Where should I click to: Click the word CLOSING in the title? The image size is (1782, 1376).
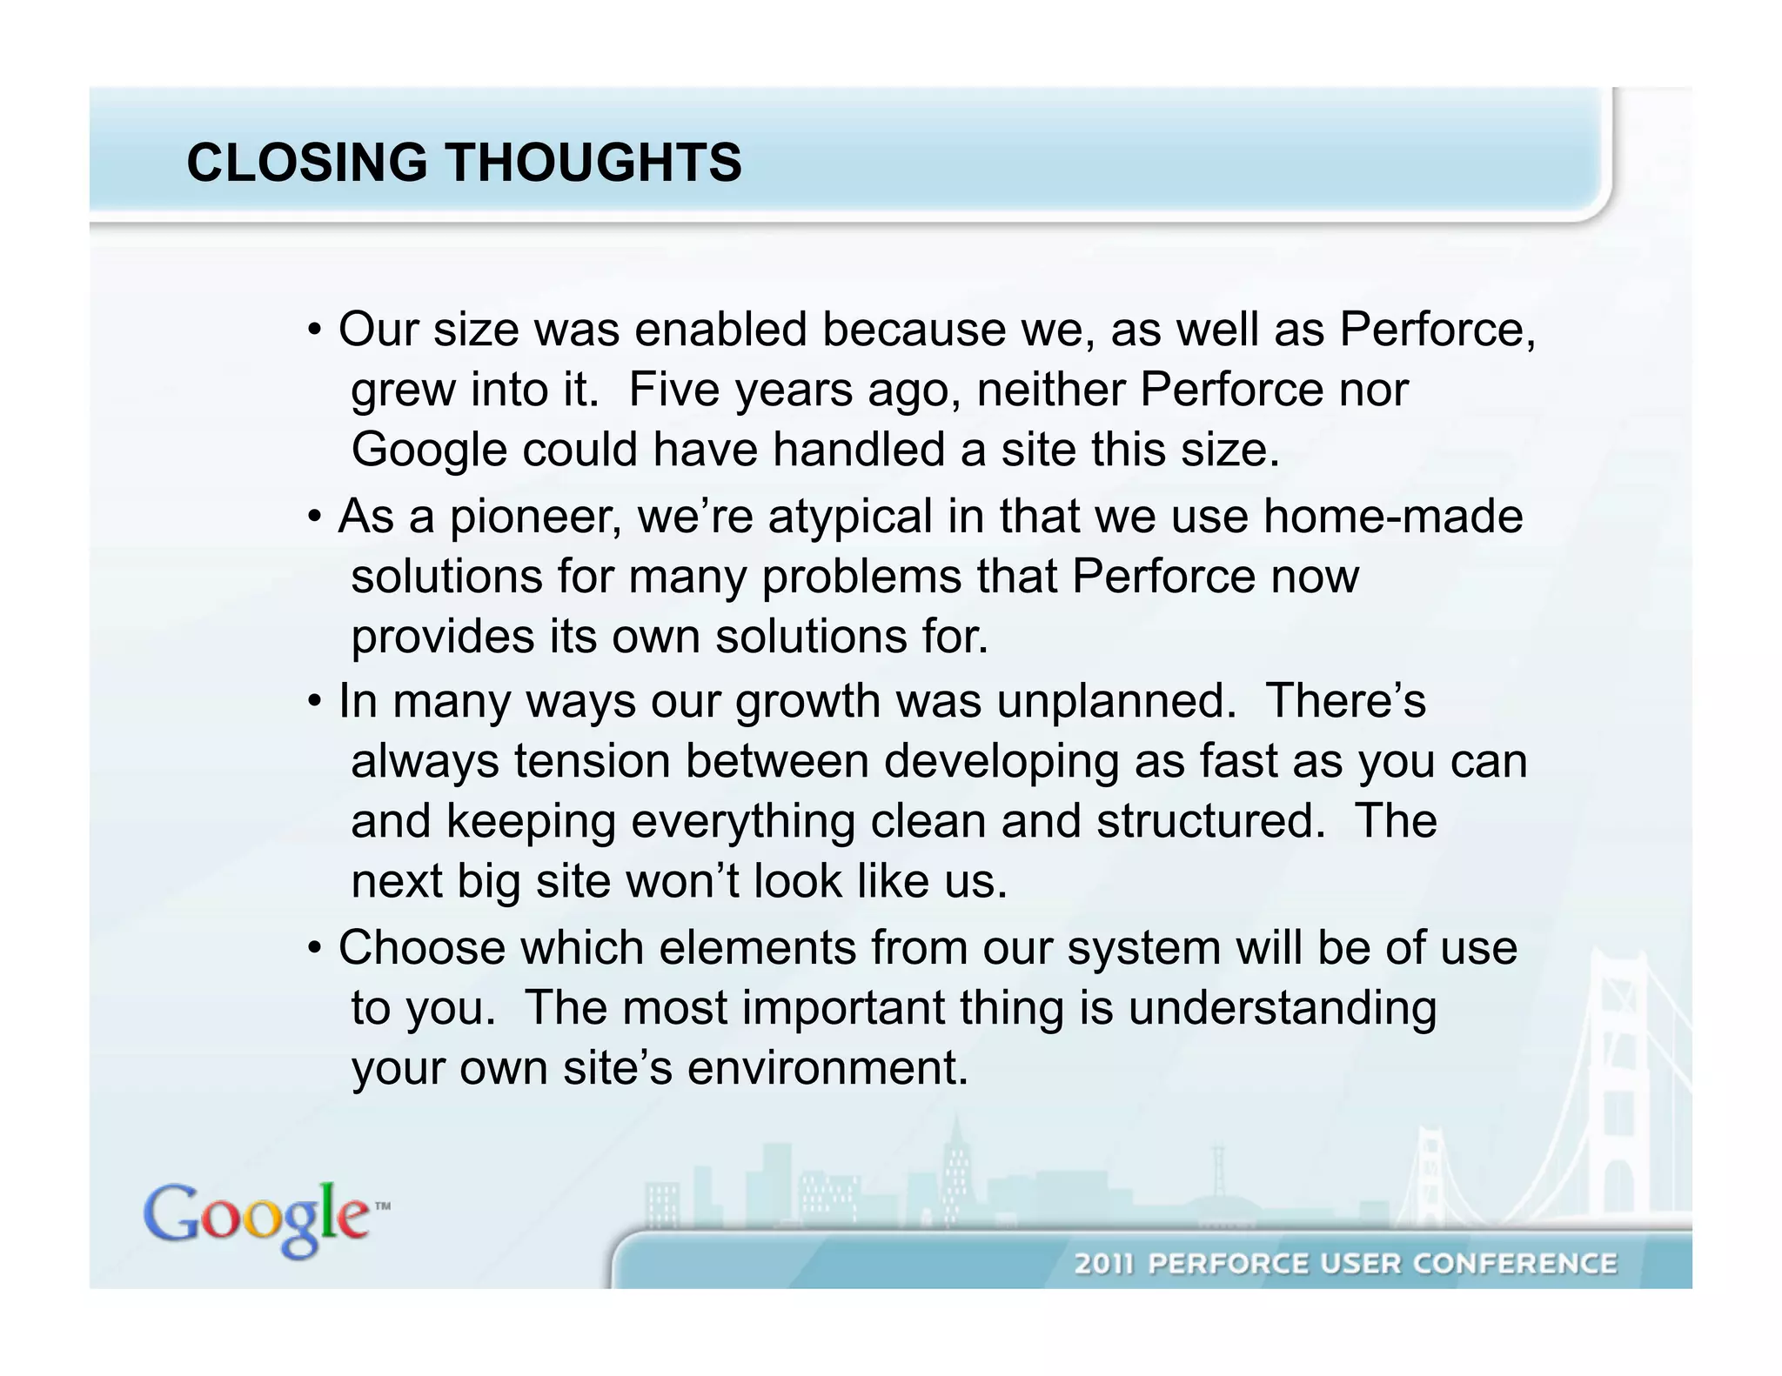click(307, 163)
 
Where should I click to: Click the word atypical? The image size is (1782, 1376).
click(850, 517)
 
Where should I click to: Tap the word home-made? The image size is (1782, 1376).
click(1393, 517)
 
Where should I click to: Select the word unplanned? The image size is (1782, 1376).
click(1116, 701)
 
